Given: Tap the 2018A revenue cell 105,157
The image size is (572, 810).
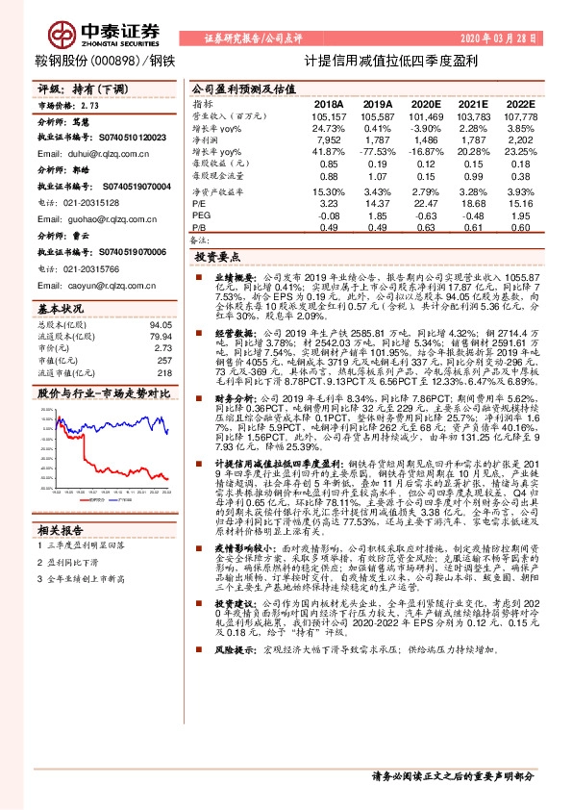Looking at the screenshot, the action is pos(329,115).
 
